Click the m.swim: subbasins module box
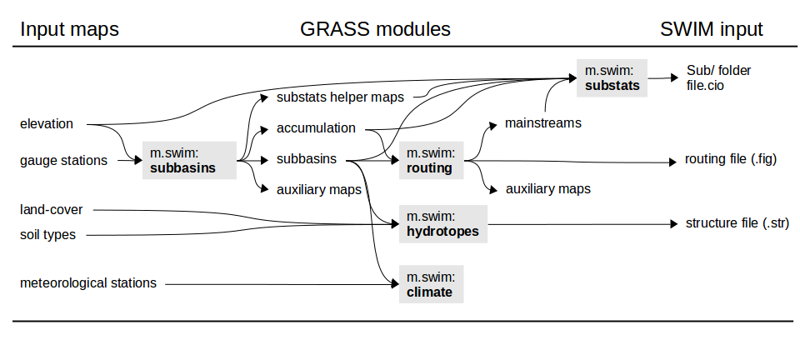(188, 160)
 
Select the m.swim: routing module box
(429, 160)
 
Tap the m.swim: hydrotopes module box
(442, 223)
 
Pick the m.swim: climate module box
(431, 284)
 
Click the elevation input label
(47, 124)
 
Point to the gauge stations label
(63, 160)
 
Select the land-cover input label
(52, 210)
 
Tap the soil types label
(47, 235)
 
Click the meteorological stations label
(88, 282)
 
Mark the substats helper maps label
(340, 97)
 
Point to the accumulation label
(316, 128)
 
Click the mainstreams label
(542, 123)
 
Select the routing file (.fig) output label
(730, 158)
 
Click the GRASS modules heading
(375, 30)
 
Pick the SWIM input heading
(712, 30)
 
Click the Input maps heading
(70, 30)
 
